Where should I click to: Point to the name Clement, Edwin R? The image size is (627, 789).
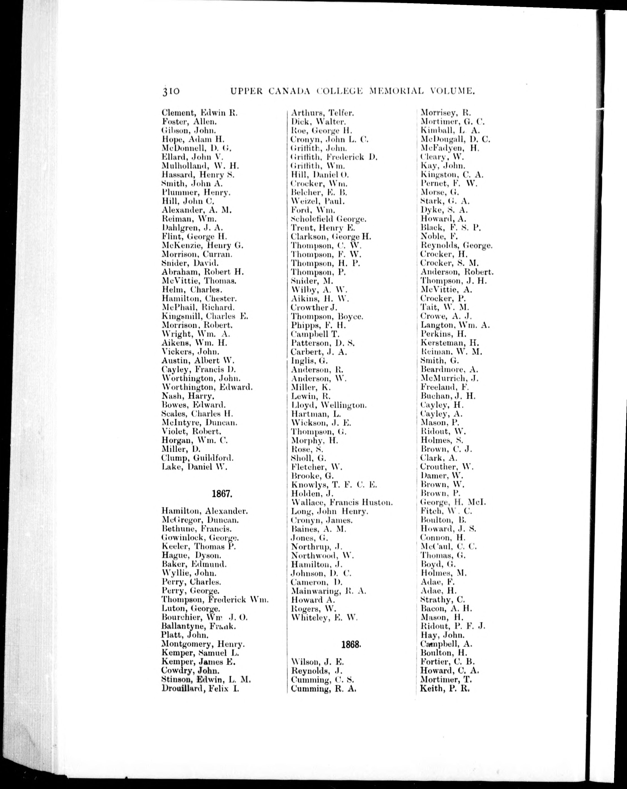click(199, 113)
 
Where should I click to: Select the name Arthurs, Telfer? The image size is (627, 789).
click(322, 113)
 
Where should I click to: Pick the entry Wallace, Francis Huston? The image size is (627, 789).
click(342, 503)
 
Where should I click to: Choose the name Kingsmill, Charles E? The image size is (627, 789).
click(205, 316)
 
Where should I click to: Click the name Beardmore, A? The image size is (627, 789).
click(449, 370)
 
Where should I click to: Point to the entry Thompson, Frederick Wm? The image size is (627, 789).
click(215, 599)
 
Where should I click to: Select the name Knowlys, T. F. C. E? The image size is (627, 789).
click(334, 485)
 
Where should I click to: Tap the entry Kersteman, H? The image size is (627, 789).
click(450, 343)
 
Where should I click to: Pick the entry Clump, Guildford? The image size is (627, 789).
click(197, 458)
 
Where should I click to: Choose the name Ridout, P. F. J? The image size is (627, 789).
click(453, 626)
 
